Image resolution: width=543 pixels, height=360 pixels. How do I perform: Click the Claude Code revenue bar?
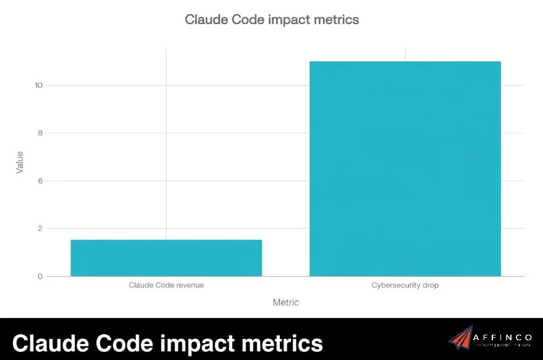[x=166, y=257]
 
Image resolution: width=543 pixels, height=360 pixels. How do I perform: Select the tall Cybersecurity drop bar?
[x=405, y=169]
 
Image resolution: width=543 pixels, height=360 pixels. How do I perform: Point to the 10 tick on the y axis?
[x=38, y=85]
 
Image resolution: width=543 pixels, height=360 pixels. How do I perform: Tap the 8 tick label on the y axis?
[x=40, y=133]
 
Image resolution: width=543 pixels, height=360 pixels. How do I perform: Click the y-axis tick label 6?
[x=40, y=181]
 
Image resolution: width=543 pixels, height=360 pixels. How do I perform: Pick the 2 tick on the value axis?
[x=40, y=228]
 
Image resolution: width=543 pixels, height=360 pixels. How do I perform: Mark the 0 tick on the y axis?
[x=40, y=277]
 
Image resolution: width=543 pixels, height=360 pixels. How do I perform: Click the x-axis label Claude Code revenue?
[x=166, y=285]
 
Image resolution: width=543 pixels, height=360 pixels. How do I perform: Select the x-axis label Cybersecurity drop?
[x=405, y=285]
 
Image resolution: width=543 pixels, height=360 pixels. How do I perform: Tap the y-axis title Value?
[x=20, y=162]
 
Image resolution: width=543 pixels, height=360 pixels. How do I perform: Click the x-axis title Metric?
[x=285, y=303]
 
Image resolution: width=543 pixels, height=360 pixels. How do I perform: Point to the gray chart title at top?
[x=272, y=20]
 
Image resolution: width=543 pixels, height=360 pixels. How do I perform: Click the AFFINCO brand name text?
[x=501, y=337]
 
